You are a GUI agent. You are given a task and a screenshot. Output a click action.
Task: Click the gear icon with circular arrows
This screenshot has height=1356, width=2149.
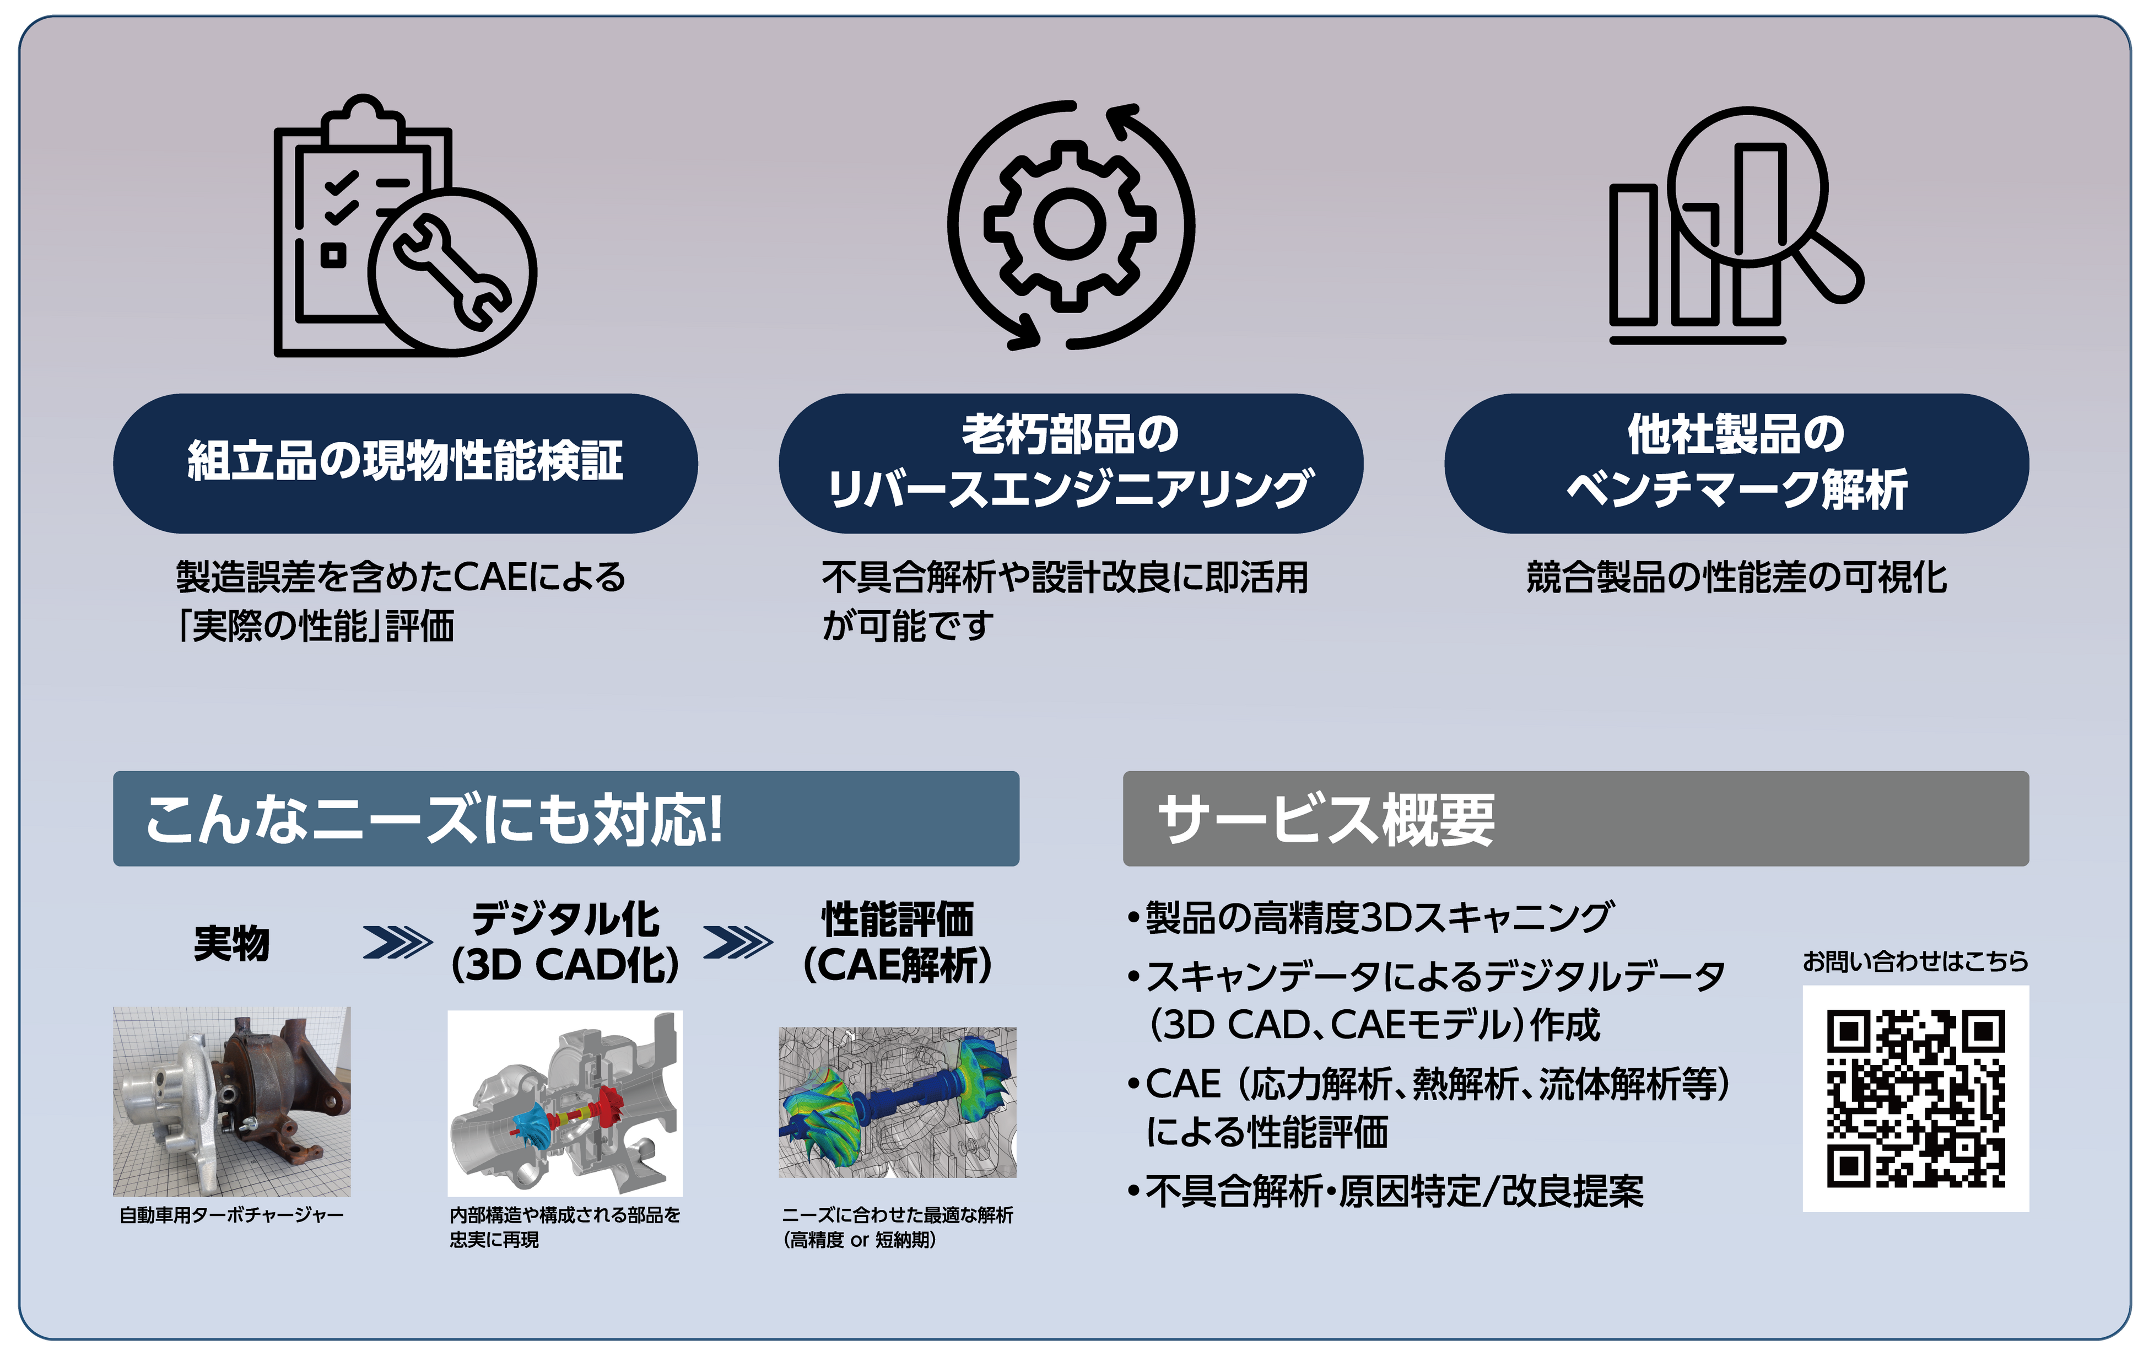click(x=1070, y=224)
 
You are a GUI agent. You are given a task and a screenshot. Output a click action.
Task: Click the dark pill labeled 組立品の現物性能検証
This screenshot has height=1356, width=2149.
click(x=405, y=462)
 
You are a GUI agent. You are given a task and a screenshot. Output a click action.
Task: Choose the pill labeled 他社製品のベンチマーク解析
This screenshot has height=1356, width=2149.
click(x=1736, y=462)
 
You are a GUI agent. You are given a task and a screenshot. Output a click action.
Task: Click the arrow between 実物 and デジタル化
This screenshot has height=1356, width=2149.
click(x=397, y=942)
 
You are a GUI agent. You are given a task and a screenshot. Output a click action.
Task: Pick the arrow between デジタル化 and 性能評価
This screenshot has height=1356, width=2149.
click(x=737, y=942)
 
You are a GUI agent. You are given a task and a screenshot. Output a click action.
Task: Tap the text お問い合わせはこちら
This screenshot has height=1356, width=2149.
click(x=1915, y=961)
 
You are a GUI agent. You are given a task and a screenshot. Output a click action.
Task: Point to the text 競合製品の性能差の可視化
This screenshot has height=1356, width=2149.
click(x=1736, y=578)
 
